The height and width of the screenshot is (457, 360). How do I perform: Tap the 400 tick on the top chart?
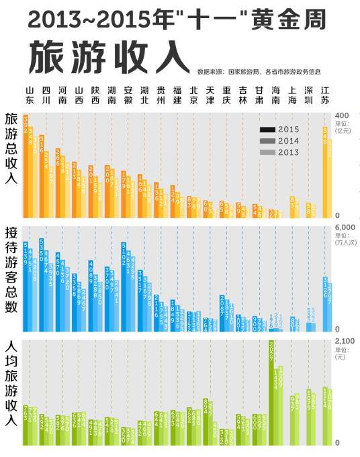(342, 115)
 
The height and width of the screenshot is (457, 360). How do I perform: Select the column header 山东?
(29, 95)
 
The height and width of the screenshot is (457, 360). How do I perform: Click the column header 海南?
(275, 95)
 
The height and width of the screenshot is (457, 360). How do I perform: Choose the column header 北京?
(193, 95)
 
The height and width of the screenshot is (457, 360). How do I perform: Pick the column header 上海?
(292, 95)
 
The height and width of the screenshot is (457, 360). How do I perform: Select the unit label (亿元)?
(343, 131)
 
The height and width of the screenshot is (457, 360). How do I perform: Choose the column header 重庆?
(226, 95)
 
